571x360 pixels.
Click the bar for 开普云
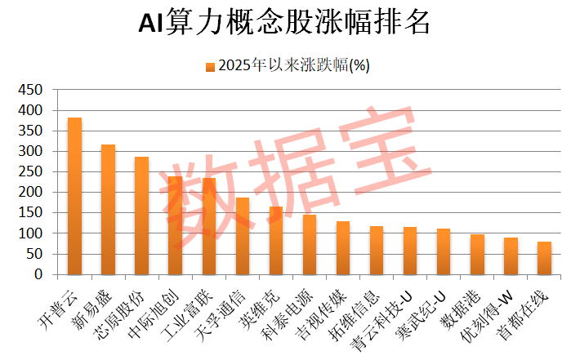point(74,196)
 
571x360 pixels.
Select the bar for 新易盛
point(108,210)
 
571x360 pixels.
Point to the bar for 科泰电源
point(310,245)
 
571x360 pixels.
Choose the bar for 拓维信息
point(377,251)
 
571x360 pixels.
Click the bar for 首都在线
point(544,258)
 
